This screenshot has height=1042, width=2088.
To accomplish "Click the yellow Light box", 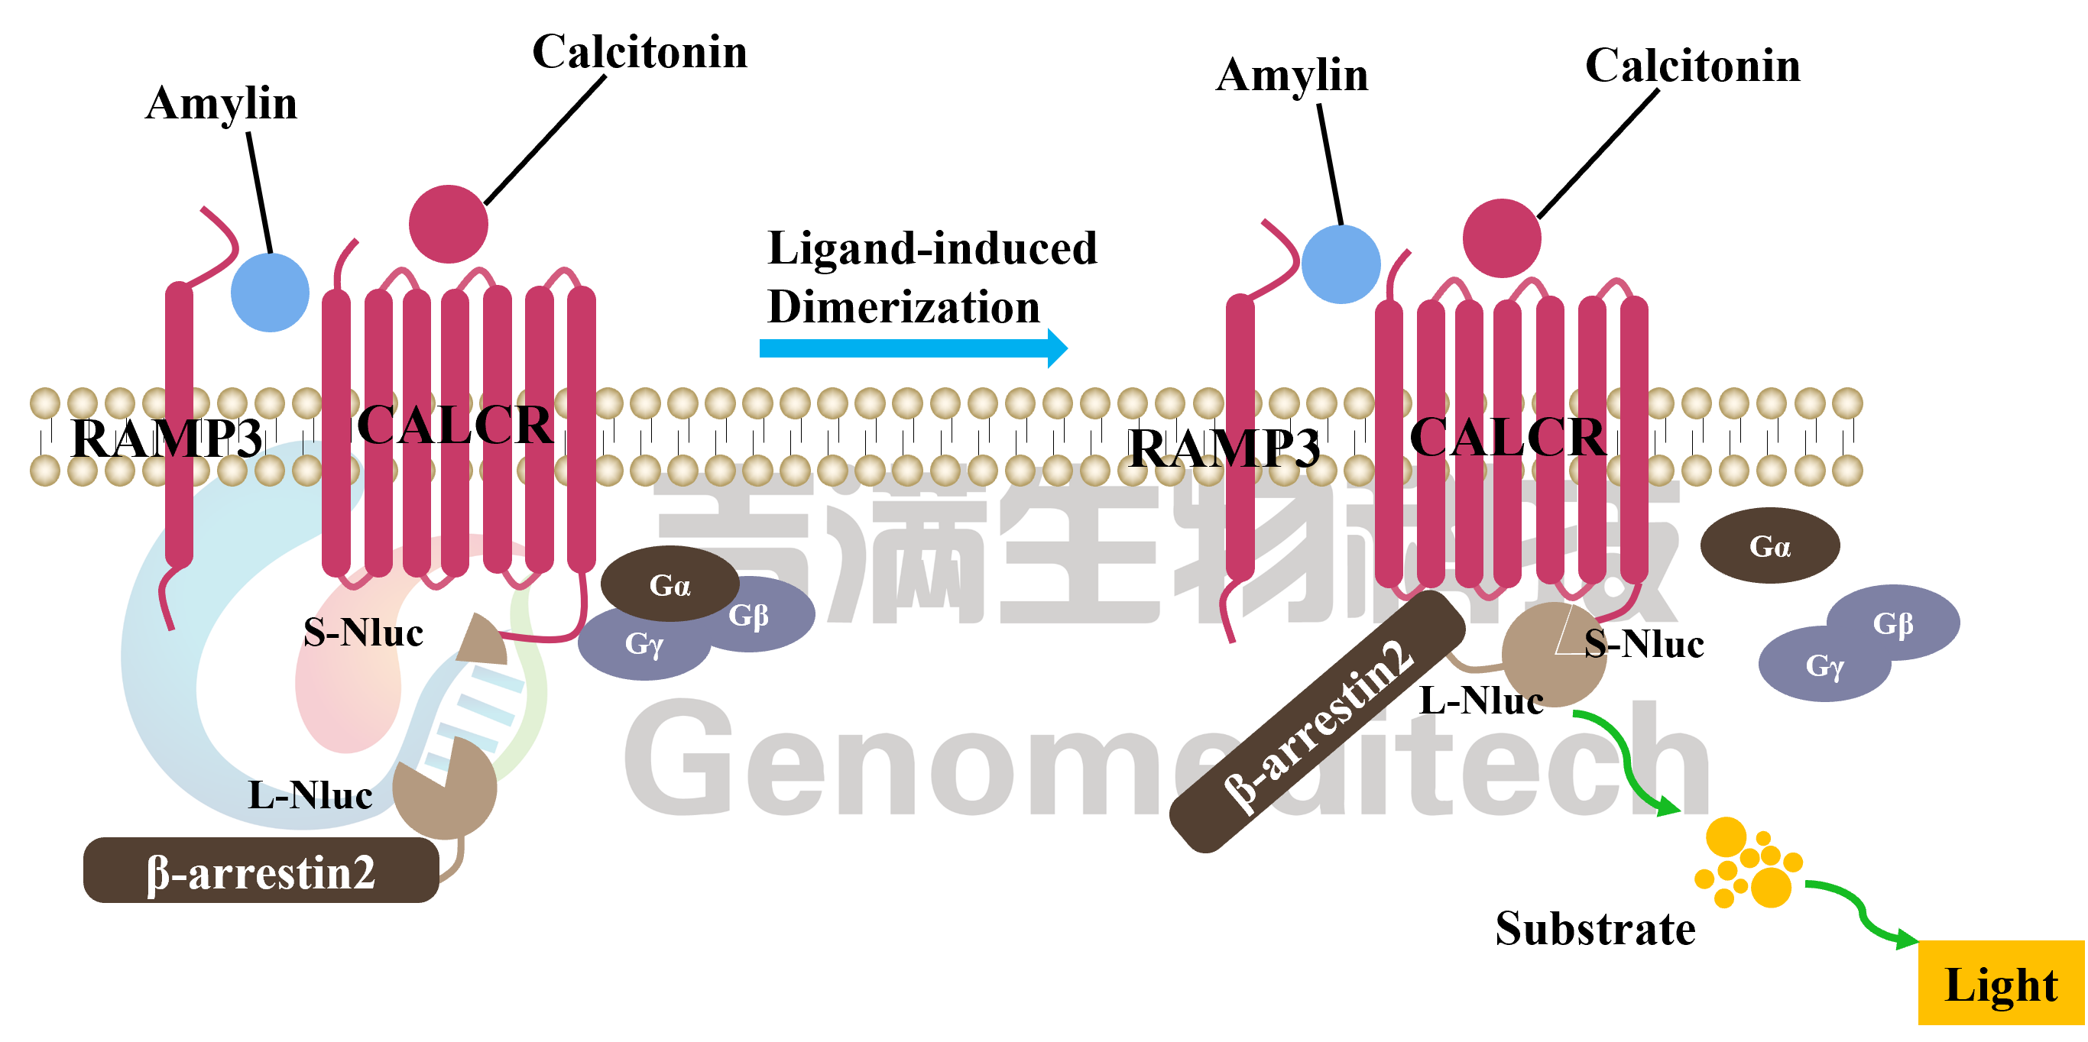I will click(2000, 983).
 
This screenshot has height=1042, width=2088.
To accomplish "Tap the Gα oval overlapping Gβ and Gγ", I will click(670, 584).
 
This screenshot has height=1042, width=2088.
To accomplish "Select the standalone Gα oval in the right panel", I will click(1769, 546).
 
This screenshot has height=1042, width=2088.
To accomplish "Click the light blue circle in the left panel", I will click(270, 293).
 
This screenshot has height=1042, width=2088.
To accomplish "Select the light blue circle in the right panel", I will click(1341, 264).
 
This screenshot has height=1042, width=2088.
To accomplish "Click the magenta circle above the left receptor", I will click(448, 225).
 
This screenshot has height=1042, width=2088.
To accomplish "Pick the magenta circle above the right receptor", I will click(1502, 238).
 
